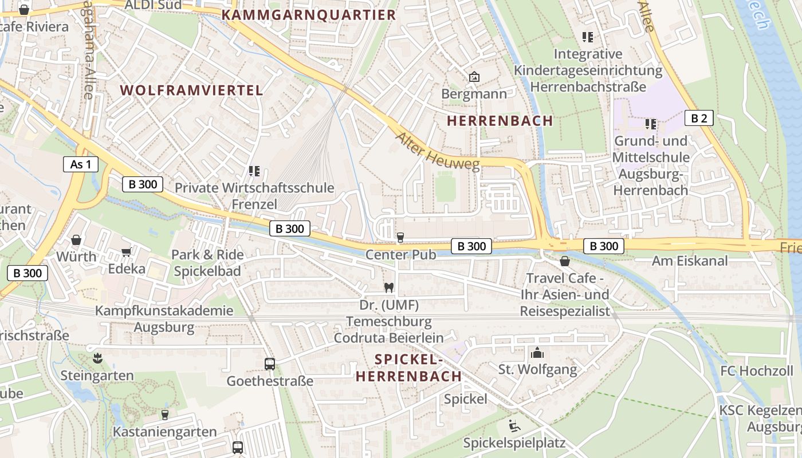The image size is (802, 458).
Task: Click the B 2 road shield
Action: click(699, 119)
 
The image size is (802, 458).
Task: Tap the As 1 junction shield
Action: click(81, 165)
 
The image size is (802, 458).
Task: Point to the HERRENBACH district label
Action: click(500, 121)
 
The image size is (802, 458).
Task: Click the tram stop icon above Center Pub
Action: click(400, 237)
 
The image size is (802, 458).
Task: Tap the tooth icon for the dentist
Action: click(388, 288)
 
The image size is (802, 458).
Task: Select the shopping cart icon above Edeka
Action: click(127, 252)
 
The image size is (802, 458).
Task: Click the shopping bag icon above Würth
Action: click(76, 239)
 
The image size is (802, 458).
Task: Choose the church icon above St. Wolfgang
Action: click(537, 353)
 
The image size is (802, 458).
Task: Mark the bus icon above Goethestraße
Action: click(269, 364)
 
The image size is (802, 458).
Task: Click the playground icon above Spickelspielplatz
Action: click(514, 426)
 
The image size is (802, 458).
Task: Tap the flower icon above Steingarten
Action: click(97, 358)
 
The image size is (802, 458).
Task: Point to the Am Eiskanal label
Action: click(690, 261)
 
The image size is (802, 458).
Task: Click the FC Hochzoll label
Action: click(757, 371)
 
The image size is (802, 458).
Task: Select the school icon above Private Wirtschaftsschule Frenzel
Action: click(254, 171)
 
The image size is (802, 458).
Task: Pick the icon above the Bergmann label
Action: click(474, 77)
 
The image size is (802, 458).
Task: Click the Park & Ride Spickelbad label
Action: click(207, 263)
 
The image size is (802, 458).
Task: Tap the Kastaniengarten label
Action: click(165, 432)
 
